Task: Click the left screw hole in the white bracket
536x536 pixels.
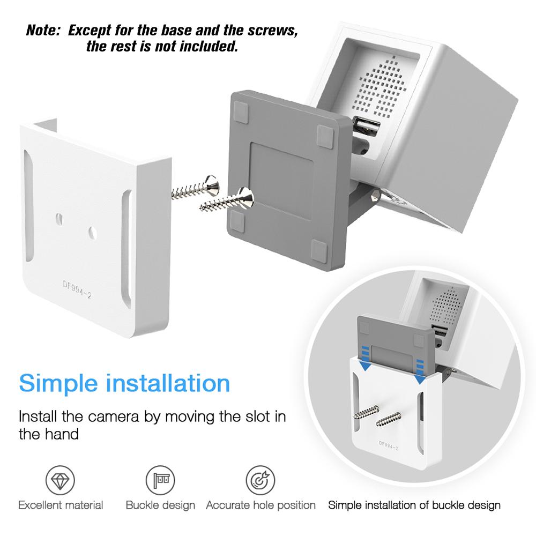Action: (59, 218)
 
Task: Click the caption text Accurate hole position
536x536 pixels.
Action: (260, 505)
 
